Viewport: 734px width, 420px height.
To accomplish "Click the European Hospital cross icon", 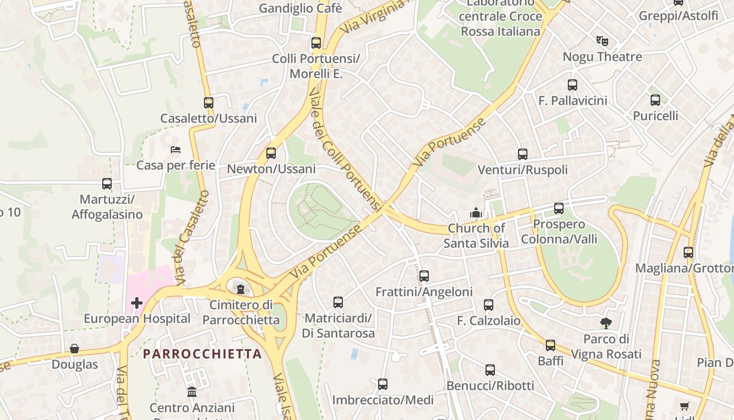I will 137,303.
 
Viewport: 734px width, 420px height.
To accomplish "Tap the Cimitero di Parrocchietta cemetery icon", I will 240,289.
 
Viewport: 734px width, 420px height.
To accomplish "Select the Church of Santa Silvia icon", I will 476,213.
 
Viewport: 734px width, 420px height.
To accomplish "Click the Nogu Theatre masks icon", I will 602,40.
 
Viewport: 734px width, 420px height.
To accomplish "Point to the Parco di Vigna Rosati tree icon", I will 606,323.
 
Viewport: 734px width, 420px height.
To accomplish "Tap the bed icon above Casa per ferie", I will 176,150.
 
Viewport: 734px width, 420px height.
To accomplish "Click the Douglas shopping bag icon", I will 74,349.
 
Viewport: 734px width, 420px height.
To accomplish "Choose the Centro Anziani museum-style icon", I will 192,392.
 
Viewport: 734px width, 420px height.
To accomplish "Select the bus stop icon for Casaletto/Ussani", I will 209,103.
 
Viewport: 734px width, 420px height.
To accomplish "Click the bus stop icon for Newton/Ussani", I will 271,153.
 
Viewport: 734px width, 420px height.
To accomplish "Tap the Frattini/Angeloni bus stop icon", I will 424,276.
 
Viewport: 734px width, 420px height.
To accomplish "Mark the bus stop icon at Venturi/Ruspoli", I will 523,154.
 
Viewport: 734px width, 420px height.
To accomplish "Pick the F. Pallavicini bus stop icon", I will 573,85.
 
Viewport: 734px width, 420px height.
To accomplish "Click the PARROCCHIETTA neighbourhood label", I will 202,354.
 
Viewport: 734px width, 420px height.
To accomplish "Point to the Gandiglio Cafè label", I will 300,8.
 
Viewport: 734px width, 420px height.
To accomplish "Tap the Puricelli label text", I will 655,115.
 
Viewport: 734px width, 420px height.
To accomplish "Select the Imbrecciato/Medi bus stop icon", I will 383,384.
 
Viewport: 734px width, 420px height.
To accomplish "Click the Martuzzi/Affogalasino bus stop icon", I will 107,184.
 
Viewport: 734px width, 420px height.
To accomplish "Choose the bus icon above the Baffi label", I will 550,345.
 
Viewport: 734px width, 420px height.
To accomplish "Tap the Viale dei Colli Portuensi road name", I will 344,150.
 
